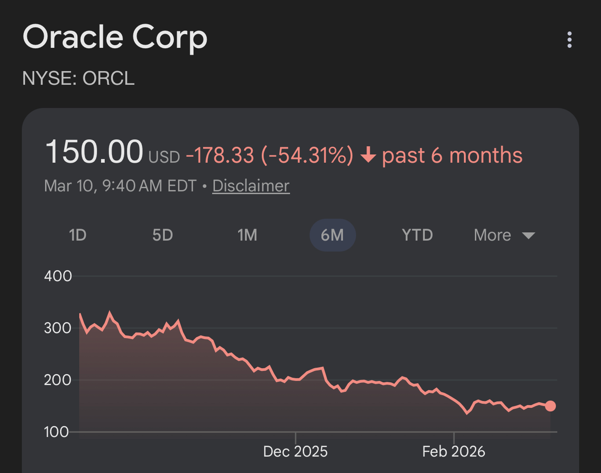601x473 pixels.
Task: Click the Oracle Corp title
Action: tap(115, 37)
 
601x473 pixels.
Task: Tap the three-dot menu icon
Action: tap(569, 40)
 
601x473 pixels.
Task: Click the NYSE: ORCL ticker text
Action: tap(78, 78)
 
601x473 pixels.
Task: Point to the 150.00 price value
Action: tap(94, 152)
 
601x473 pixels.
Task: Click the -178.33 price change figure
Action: tap(220, 155)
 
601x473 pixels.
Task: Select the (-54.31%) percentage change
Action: tap(307, 155)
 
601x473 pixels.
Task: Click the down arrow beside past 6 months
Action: tap(368, 156)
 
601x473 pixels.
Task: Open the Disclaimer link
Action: tap(251, 186)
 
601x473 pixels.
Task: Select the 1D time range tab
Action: tap(77, 235)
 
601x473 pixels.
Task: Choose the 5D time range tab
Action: tap(163, 235)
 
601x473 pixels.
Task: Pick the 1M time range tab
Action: tap(247, 235)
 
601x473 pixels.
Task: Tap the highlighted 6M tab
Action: tap(332, 235)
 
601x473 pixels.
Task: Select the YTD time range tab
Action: tap(417, 235)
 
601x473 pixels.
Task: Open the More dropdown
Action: tap(504, 235)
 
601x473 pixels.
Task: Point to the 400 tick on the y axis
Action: tap(58, 276)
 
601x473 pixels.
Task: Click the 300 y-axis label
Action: tap(58, 328)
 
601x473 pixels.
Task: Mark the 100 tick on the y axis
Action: tap(56, 432)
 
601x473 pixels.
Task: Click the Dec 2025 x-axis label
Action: tap(295, 452)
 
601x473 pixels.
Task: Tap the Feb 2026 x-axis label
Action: tap(453, 452)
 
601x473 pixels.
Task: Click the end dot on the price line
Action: tap(550, 406)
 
